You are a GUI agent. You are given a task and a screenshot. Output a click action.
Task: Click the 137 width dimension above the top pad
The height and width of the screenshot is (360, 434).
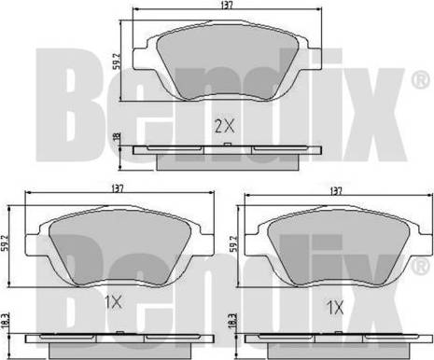pos(227,6)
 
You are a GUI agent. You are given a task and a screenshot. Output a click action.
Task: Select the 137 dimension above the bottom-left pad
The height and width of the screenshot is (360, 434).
pos(118,188)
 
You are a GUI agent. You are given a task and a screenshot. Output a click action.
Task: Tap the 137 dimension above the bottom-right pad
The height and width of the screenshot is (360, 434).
pos(336,191)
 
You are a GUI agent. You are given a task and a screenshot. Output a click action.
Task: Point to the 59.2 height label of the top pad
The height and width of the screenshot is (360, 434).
pos(117,61)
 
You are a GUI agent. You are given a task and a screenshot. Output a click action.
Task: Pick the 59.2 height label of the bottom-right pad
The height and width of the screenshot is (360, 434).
pos(233,242)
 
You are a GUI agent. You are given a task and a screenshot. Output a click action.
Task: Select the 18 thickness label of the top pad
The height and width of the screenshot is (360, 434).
pos(117,137)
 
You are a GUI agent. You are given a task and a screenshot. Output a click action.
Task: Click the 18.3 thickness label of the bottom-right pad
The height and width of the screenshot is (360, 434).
pos(233,321)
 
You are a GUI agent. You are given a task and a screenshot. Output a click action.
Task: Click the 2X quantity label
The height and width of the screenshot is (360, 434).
pos(224,126)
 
